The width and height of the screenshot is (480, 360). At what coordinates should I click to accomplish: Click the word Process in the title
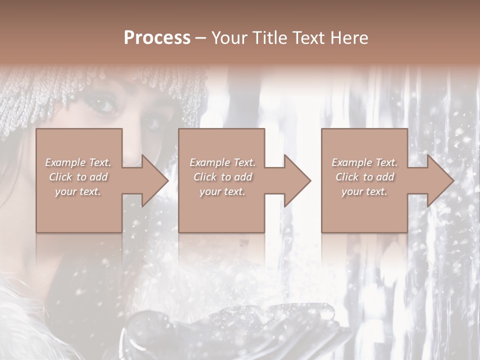(157, 37)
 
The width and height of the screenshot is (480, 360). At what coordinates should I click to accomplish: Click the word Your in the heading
(229, 37)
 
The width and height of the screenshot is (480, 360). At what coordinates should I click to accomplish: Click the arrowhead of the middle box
(296, 180)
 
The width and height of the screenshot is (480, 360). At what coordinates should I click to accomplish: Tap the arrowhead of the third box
(439, 180)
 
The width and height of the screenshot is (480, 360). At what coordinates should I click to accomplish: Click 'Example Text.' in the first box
(78, 162)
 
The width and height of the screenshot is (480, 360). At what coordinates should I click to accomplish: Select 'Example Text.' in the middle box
(222, 162)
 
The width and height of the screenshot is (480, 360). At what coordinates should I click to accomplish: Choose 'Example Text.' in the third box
(364, 162)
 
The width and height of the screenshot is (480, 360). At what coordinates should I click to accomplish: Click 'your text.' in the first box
(78, 191)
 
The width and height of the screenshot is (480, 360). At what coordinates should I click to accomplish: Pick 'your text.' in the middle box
(222, 191)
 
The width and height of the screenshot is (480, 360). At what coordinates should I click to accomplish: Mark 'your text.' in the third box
(364, 191)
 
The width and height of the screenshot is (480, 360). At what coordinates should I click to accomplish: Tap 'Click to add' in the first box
(78, 177)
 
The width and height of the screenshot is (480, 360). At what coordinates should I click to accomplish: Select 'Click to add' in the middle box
(222, 177)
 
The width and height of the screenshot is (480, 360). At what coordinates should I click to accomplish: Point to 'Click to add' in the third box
(364, 177)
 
